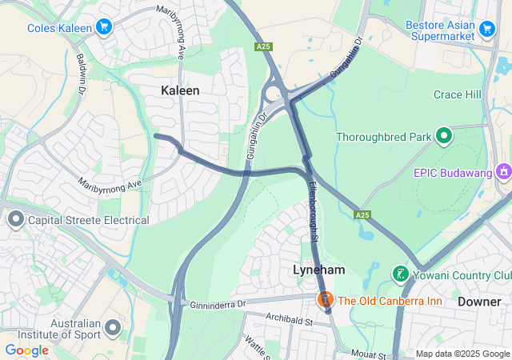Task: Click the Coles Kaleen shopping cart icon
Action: (x=103, y=28)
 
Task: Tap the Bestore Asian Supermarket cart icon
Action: (x=487, y=30)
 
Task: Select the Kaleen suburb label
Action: (x=180, y=90)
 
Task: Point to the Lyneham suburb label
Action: (x=318, y=270)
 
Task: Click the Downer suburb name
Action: (x=479, y=302)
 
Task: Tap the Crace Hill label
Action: (x=457, y=95)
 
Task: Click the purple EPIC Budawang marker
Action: (x=503, y=172)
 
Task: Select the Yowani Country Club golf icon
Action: (x=400, y=275)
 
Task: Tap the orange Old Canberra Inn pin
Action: (x=325, y=300)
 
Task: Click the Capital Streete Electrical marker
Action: (x=15, y=219)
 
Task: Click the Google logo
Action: (x=26, y=350)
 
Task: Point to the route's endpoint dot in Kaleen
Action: (x=157, y=136)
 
